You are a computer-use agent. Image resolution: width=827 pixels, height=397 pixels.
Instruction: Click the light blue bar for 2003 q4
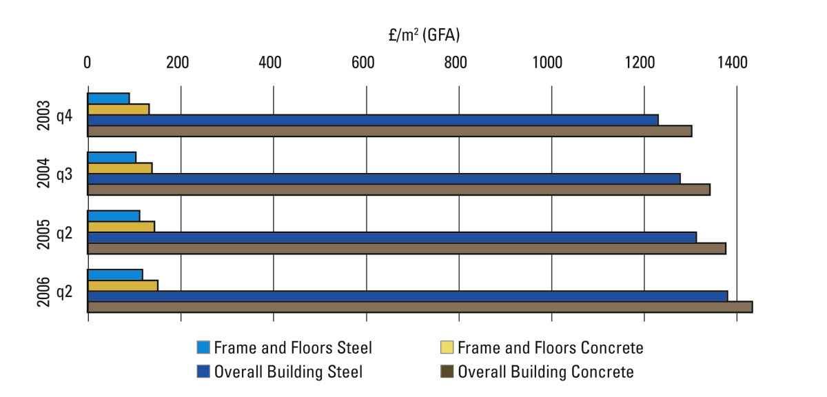tap(108, 98)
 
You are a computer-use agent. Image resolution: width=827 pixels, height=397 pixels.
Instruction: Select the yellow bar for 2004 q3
tap(119, 167)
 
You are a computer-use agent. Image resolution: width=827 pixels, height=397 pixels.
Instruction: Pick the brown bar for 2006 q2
tap(420, 307)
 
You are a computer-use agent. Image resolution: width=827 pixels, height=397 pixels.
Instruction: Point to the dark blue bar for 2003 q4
tap(373, 120)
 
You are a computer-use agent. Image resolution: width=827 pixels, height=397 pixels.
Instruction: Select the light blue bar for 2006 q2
tap(115, 274)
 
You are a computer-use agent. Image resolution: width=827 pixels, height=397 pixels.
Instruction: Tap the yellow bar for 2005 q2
tap(121, 226)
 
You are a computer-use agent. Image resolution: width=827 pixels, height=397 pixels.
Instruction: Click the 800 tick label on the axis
tap(456, 62)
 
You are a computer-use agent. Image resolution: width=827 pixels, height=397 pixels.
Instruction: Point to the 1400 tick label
tap(732, 62)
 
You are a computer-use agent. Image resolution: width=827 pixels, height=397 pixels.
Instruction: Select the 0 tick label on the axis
tap(88, 62)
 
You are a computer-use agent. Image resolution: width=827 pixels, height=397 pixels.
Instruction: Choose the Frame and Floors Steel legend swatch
tap(203, 347)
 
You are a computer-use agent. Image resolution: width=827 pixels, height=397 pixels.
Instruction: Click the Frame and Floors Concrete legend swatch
tap(447, 347)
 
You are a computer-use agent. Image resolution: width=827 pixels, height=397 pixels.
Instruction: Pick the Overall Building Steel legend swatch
tap(203, 372)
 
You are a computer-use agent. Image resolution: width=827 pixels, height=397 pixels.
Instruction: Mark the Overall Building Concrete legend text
tap(546, 372)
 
